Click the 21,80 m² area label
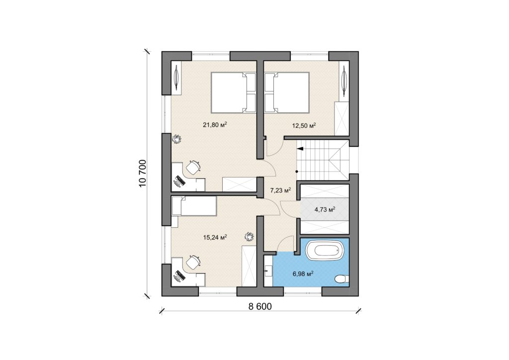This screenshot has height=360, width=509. pyautogui.click(x=215, y=124)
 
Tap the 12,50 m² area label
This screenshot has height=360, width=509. pyautogui.click(x=304, y=125)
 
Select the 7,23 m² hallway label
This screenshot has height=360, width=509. pyautogui.click(x=280, y=190)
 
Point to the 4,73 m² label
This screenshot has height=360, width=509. pyautogui.click(x=325, y=209)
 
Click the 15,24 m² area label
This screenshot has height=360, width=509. pyautogui.click(x=215, y=237)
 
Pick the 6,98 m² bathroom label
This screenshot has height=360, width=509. pyautogui.click(x=303, y=273)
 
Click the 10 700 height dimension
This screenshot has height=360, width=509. pyautogui.click(x=143, y=174)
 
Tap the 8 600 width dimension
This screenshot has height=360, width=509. pyautogui.click(x=260, y=306)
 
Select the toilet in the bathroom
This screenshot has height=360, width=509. pyautogui.click(x=342, y=278)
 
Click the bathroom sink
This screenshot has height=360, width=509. pyautogui.click(x=268, y=270)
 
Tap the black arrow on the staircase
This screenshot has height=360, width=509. pyautogui.click(x=300, y=149)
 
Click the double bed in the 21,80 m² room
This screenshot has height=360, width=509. pyautogui.click(x=234, y=92)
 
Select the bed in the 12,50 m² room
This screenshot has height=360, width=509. pyautogui.click(x=287, y=92)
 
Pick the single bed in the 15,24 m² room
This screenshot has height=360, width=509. pyautogui.click(x=194, y=205)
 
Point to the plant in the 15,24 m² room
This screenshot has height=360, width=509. pyautogui.click(x=249, y=237)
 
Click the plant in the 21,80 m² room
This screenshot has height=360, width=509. pyautogui.click(x=176, y=139)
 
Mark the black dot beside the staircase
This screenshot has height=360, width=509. pyautogui.click(x=296, y=171)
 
